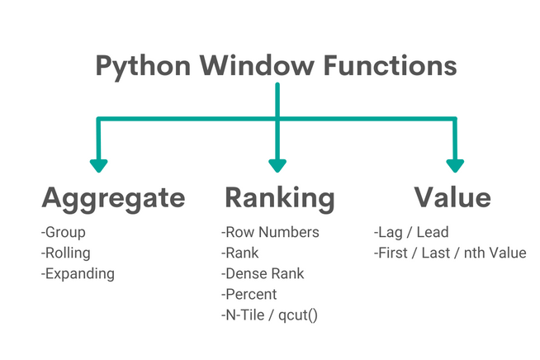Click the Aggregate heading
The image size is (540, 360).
point(113,198)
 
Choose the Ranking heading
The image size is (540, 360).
point(280,198)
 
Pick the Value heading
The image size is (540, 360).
point(452,198)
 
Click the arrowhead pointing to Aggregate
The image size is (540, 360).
point(99,163)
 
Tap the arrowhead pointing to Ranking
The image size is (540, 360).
point(277,163)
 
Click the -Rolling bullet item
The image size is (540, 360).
point(65,253)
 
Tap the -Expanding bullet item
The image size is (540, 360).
point(77,273)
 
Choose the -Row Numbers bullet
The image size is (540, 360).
point(269,233)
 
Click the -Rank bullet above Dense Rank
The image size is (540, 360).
point(240,253)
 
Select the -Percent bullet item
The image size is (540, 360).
point(249,294)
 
